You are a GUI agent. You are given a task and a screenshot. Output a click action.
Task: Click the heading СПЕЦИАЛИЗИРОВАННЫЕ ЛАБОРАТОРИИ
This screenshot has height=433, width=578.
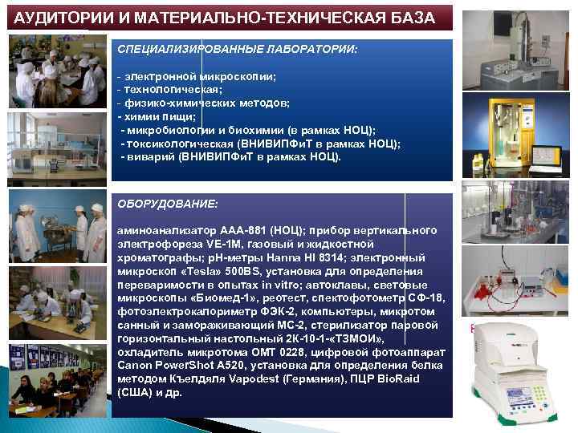(237, 51)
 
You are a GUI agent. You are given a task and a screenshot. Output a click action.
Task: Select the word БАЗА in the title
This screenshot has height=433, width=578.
(407, 18)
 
